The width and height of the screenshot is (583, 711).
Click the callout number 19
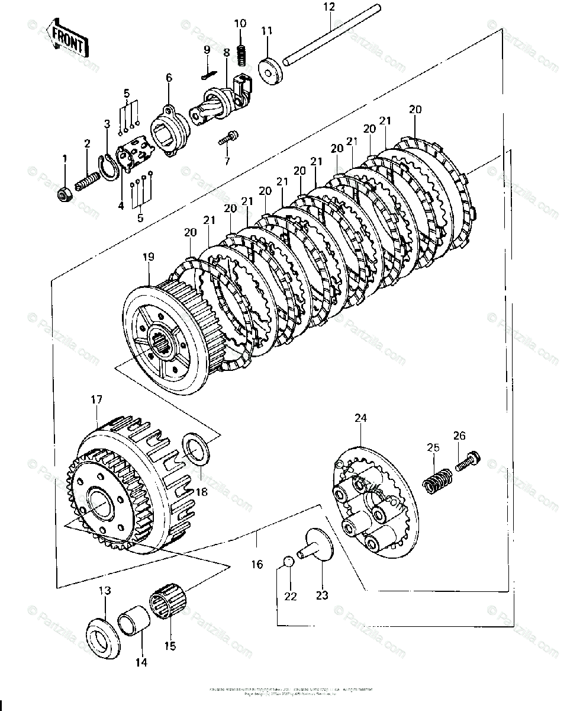coord(148,257)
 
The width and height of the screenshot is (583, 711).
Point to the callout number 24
coord(360,418)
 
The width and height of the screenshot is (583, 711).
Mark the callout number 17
coord(97,400)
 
